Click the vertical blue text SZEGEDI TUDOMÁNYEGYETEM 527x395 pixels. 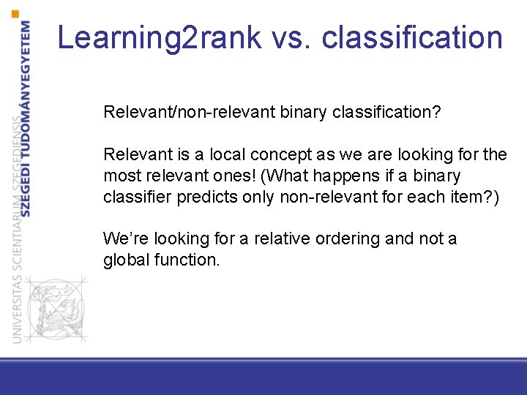(x=26, y=117)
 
